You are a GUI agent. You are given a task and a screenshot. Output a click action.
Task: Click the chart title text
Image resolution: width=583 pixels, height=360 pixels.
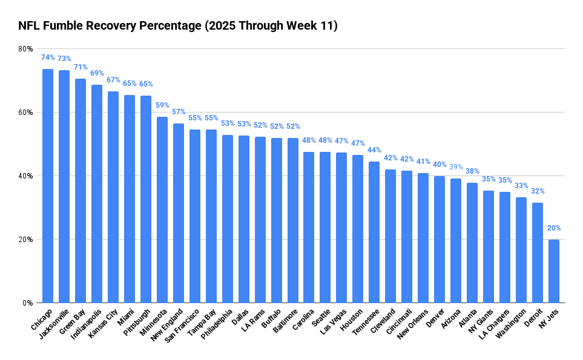point(178,25)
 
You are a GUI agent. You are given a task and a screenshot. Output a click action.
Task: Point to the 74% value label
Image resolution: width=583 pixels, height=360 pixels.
point(47,57)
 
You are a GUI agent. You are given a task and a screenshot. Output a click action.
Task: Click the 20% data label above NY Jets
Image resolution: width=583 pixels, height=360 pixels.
point(553,228)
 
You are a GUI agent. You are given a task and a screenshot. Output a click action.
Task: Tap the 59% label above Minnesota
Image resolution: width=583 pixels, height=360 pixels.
point(162,105)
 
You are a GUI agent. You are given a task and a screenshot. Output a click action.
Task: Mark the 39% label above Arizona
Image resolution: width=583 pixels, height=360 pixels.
point(455,167)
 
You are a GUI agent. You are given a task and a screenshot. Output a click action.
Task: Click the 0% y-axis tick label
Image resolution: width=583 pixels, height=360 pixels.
point(27,303)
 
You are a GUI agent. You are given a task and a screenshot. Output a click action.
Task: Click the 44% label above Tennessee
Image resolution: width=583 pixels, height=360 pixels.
point(374,150)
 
